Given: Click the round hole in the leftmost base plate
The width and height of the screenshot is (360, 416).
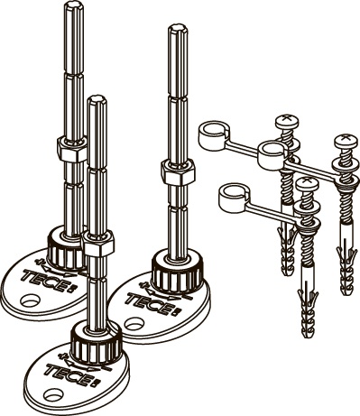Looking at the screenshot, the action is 30,300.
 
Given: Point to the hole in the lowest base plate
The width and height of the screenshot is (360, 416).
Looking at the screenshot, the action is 52,394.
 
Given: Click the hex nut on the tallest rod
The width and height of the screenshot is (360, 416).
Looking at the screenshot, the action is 72,149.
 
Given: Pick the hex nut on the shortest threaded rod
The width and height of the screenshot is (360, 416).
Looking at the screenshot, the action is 99,244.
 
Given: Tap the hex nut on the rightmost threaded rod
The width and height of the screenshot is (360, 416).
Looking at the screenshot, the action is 178,172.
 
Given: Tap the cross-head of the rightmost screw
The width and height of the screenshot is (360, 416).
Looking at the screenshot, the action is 346,139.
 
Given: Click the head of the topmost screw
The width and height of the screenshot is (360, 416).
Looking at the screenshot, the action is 288,120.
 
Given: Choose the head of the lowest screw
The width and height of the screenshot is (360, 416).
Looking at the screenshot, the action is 307,183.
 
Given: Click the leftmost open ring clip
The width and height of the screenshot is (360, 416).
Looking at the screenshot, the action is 214,134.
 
